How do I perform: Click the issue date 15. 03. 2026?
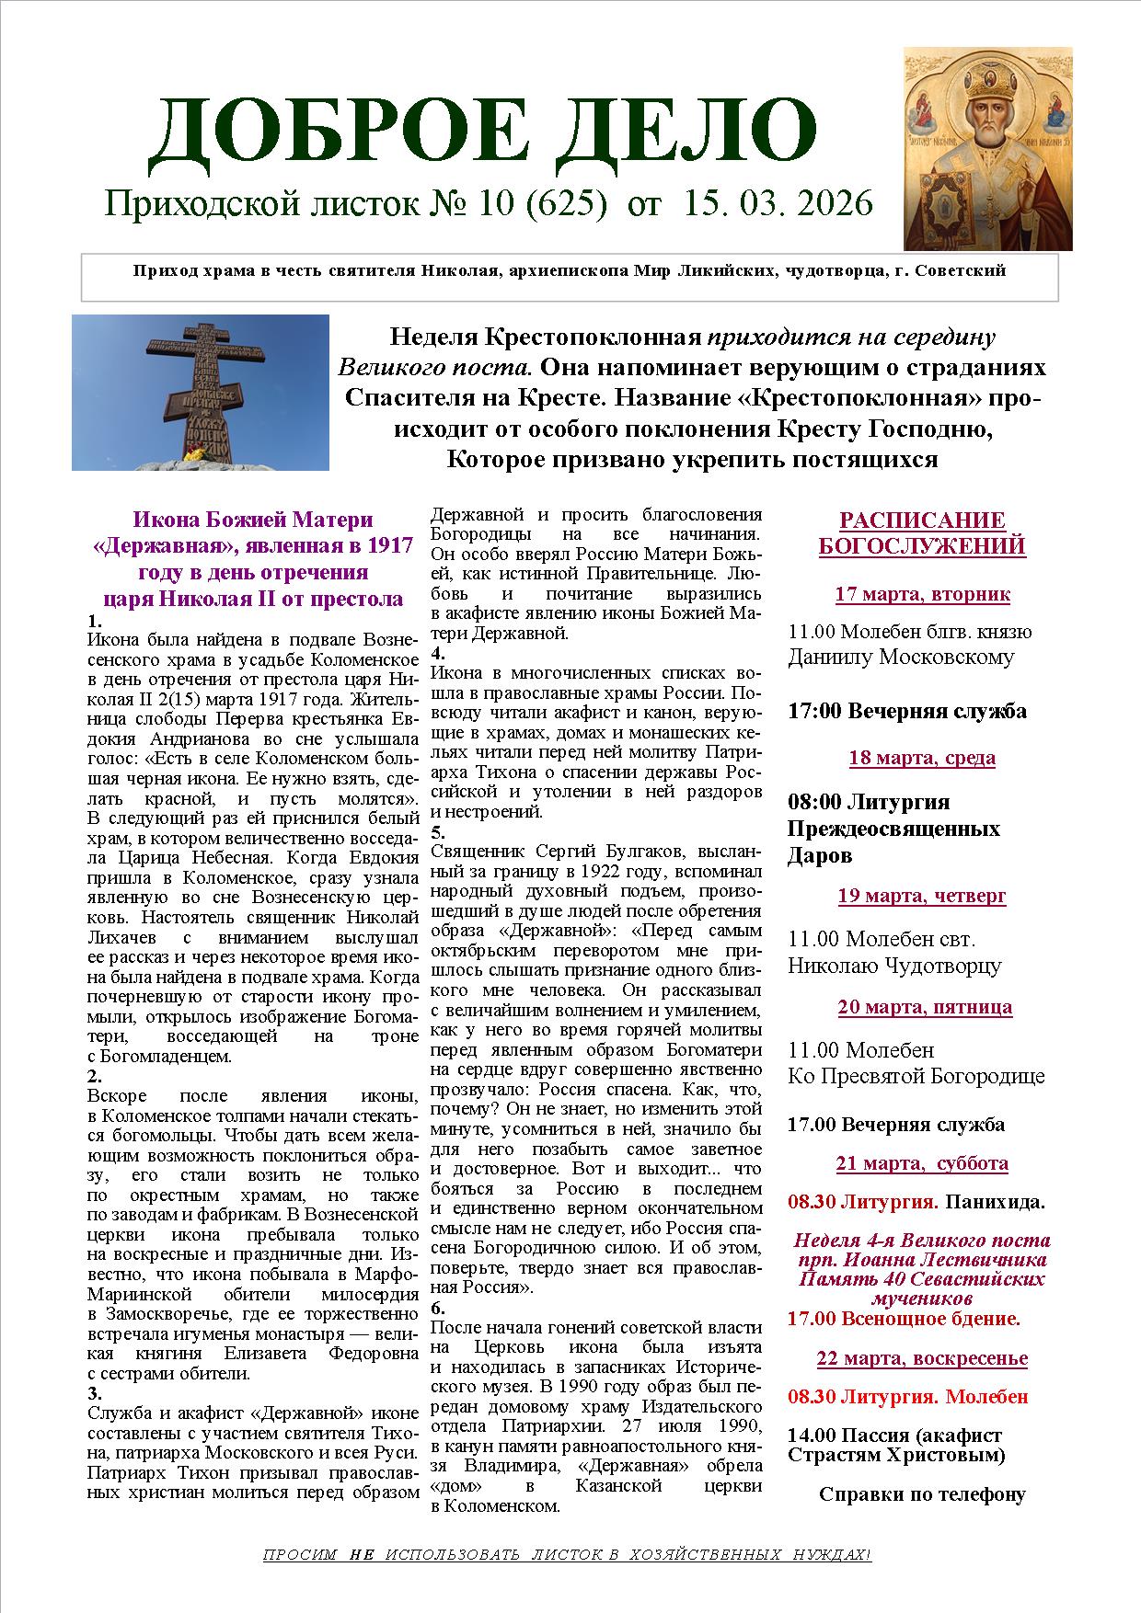pyautogui.click(x=778, y=203)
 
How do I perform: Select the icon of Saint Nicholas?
pyautogui.click(x=987, y=148)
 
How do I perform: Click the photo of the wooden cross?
pyautogui.click(x=201, y=393)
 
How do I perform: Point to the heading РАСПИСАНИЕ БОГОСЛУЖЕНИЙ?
pyautogui.click(x=922, y=533)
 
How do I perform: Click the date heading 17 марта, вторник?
pyautogui.click(x=922, y=594)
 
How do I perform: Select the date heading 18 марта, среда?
pyautogui.click(x=922, y=758)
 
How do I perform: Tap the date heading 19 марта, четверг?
pyautogui.click(x=922, y=896)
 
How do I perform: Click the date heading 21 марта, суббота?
pyautogui.click(x=922, y=1163)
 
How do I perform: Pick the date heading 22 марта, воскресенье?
pyautogui.click(x=922, y=1358)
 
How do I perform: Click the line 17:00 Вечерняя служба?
pyautogui.click(x=906, y=711)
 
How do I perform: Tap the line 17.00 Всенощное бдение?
pyautogui.click(x=904, y=1319)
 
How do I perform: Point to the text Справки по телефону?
pyautogui.click(x=922, y=1494)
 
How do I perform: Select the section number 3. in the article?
pyautogui.click(x=94, y=1391)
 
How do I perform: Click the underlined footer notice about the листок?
pyautogui.click(x=566, y=1556)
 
